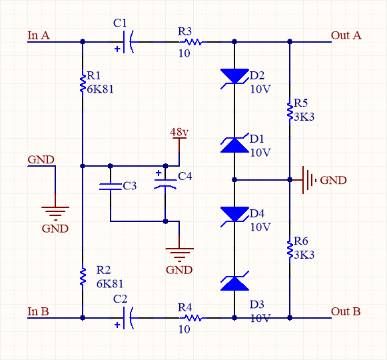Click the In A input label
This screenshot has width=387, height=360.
pyautogui.click(x=38, y=35)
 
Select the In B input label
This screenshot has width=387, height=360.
pyautogui.click(x=38, y=311)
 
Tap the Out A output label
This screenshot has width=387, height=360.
pyautogui.click(x=346, y=35)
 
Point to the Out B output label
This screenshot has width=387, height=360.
pyautogui.click(x=346, y=311)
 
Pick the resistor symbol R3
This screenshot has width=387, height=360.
pyautogui.click(x=191, y=42)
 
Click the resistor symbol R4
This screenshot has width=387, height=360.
pyautogui.click(x=191, y=318)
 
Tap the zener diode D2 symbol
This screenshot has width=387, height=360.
pyautogui.click(x=234, y=77)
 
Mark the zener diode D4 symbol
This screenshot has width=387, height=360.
pyautogui.click(x=234, y=214)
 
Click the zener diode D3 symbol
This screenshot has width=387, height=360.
pyautogui.click(x=234, y=283)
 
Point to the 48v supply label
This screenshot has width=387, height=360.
pyautogui.click(x=179, y=132)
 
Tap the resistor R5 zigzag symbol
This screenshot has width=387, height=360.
pyautogui.click(x=290, y=111)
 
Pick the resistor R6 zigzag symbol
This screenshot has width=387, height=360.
pyautogui.click(x=290, y=249)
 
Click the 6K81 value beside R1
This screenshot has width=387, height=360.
pyautogui.click(x=101, y=88)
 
